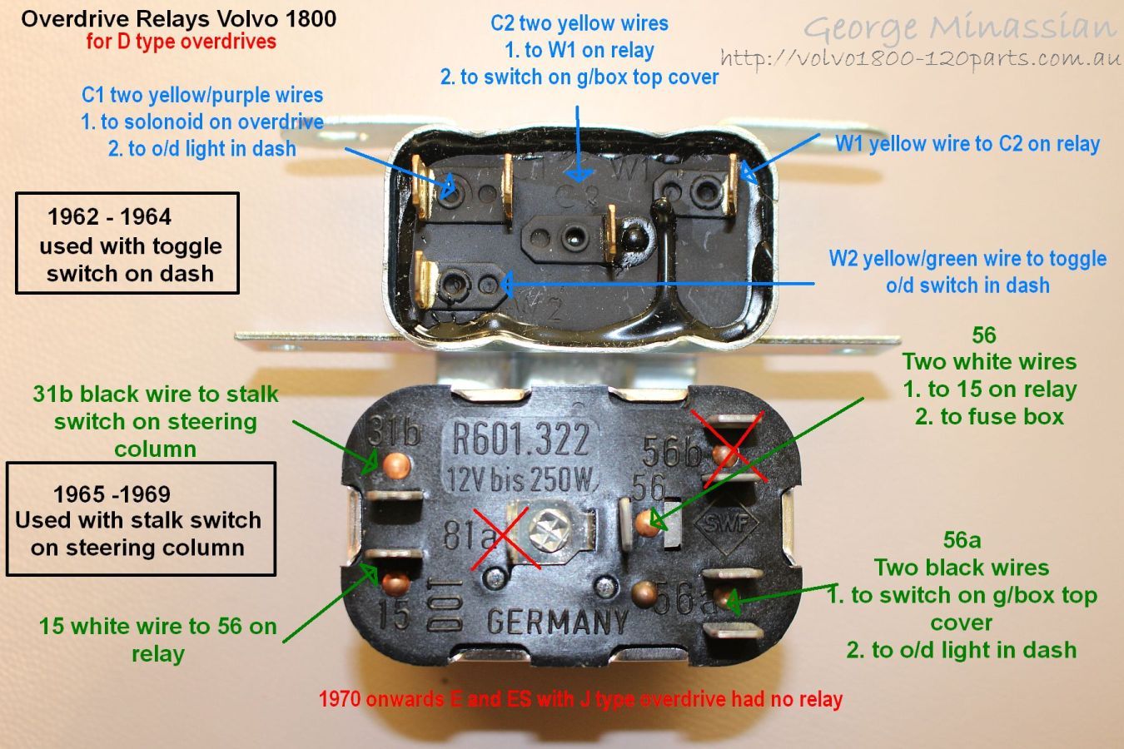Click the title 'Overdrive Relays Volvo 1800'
179,18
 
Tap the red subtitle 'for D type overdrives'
181,42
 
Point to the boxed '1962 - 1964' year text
109,217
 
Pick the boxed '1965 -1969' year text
112,494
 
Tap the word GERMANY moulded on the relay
557,621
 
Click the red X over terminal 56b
730,449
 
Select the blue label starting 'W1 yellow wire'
967,144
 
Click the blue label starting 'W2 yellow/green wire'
967,259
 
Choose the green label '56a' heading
962,541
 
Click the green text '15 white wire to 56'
157,627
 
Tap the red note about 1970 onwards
580,699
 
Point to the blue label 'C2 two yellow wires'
579,23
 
